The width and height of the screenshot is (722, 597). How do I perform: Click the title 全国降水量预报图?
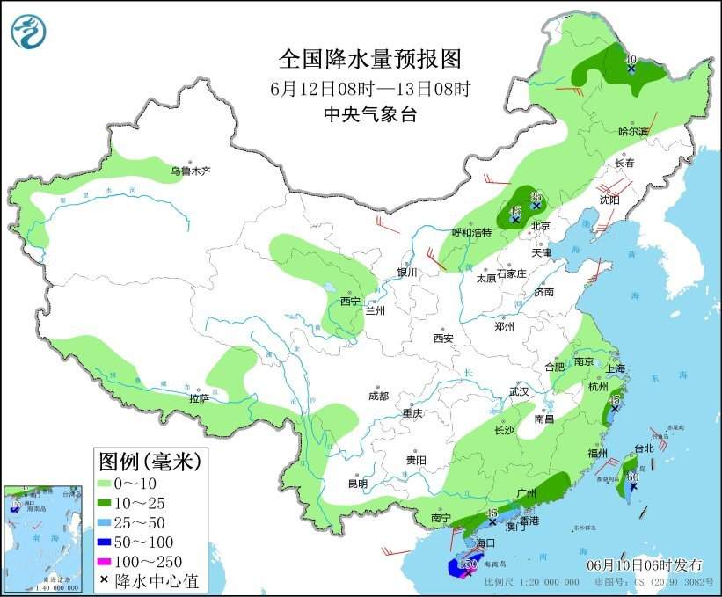pyautogui.click(x=369, y=59)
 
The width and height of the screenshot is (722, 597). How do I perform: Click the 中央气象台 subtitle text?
pyautogui.click(x=369, y=113)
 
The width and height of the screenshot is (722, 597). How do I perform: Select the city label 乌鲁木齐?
pyautogui.click(x=191, y=171)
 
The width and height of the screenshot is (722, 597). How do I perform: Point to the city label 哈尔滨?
pyautogui.click(x=632, y=132)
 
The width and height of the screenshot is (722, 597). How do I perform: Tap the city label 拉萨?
pyautogui.click(x=199, y=398)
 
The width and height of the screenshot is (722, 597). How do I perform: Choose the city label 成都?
pyautogui.click(x=378, y=396)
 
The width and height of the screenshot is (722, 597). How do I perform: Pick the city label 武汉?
pyautogui.click(x=520, y=391)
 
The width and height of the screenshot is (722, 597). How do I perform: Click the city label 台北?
pyautogui.click(x=644, y=448)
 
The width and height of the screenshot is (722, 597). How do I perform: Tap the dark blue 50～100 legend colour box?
pyautogui.click(x=113, y=542)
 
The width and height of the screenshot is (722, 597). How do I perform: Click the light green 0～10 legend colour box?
pyautogui.click(x=113, y=484)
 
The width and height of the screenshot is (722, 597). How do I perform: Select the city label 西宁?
pyautogui.click(x=350, y=302)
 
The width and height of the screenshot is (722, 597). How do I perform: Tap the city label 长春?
pyautogui.click(x=624, y=164)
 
